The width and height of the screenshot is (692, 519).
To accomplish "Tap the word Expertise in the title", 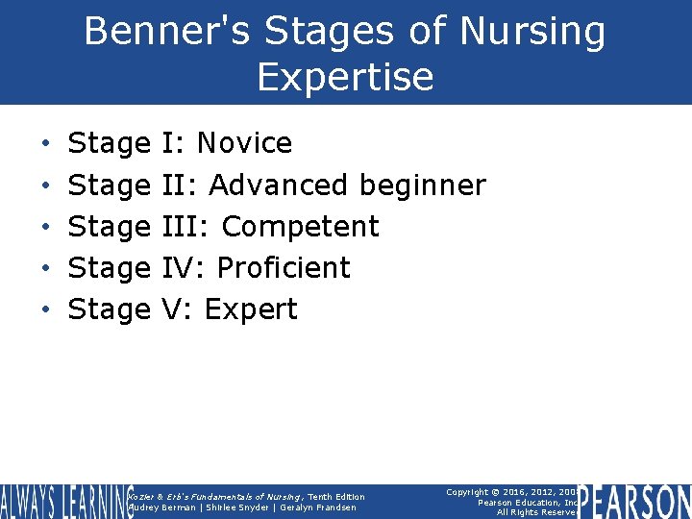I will [x=345, y=77].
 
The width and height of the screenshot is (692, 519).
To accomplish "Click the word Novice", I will [x=244, y=143].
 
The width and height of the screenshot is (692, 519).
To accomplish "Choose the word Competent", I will [x=300, y=227].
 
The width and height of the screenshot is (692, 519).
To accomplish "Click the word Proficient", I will [x=285, y=267].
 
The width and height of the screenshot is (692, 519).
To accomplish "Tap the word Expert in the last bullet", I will [x=251, y=309].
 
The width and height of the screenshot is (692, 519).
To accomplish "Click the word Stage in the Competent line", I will [x=109, y=227].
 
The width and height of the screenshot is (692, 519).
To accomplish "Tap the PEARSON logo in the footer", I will [x=635, y=502].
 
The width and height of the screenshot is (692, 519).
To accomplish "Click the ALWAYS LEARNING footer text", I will [x=65, y=502].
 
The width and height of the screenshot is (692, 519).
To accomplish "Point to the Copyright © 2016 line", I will [x=511, y=492].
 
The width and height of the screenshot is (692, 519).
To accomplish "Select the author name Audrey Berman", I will [x=161, y=507].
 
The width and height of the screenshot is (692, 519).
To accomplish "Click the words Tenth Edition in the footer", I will [x=336, y=496].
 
